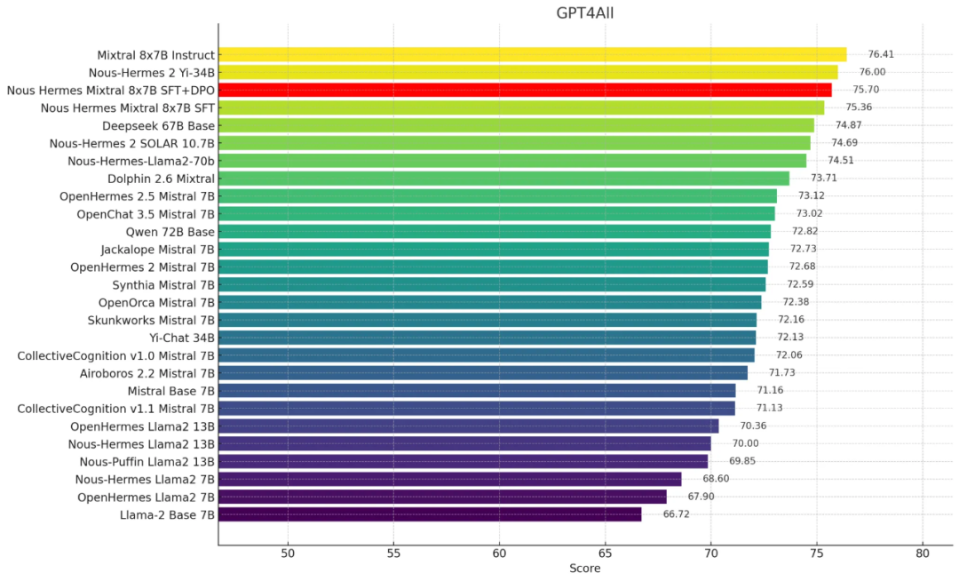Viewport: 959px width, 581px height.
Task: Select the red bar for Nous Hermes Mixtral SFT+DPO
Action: coord(525,90)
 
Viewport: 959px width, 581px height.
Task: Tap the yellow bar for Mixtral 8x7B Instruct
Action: coord(532,55)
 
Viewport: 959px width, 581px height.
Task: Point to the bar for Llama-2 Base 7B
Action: coord(430,514)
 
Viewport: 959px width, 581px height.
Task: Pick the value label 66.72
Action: coord(677,514)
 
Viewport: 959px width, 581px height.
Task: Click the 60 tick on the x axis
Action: coord(499,553)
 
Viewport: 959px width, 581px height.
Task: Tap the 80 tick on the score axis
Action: coord(923,553)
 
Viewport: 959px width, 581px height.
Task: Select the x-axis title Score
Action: coord(584,569)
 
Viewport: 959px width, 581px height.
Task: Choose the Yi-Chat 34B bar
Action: coord(487,338)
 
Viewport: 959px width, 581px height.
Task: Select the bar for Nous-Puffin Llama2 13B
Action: coord(463,461)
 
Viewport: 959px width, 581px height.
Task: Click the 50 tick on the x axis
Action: coord(288,553)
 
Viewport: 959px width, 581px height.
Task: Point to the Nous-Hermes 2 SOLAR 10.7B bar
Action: coord(514,143)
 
